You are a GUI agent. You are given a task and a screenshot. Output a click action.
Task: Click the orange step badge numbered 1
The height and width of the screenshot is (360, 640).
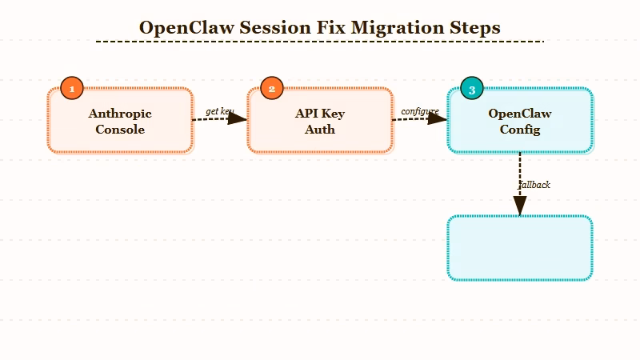72,89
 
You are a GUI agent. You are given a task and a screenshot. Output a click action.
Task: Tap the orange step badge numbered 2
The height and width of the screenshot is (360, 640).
272,89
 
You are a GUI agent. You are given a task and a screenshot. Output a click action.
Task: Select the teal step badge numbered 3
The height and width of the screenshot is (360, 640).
472,90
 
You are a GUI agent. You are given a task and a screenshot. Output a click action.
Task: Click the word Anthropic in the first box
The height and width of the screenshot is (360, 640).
120,114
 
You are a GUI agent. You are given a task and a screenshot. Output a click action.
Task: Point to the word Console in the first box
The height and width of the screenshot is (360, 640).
120,130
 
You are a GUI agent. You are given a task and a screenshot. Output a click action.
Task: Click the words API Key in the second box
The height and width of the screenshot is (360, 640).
320,114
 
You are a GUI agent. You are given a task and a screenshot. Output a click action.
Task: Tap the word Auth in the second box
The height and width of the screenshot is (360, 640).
320,130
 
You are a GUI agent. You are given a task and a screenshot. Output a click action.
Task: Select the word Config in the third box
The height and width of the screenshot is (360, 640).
520,130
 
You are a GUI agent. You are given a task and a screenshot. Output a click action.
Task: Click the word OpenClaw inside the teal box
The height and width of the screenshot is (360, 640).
520,114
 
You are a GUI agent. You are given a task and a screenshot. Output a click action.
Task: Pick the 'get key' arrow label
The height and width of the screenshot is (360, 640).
219,111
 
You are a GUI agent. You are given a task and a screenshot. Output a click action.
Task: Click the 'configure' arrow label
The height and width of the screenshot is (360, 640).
420,111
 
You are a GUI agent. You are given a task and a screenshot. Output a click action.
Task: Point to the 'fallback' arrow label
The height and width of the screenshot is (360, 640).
534,185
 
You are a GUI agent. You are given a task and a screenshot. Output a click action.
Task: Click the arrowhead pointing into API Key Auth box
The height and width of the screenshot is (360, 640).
238,118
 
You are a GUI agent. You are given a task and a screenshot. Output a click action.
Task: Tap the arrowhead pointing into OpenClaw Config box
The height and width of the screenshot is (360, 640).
438,118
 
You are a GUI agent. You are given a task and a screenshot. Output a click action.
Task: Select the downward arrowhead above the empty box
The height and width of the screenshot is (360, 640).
520,206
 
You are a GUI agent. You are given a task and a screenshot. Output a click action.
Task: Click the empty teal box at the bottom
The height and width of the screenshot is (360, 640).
520,248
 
